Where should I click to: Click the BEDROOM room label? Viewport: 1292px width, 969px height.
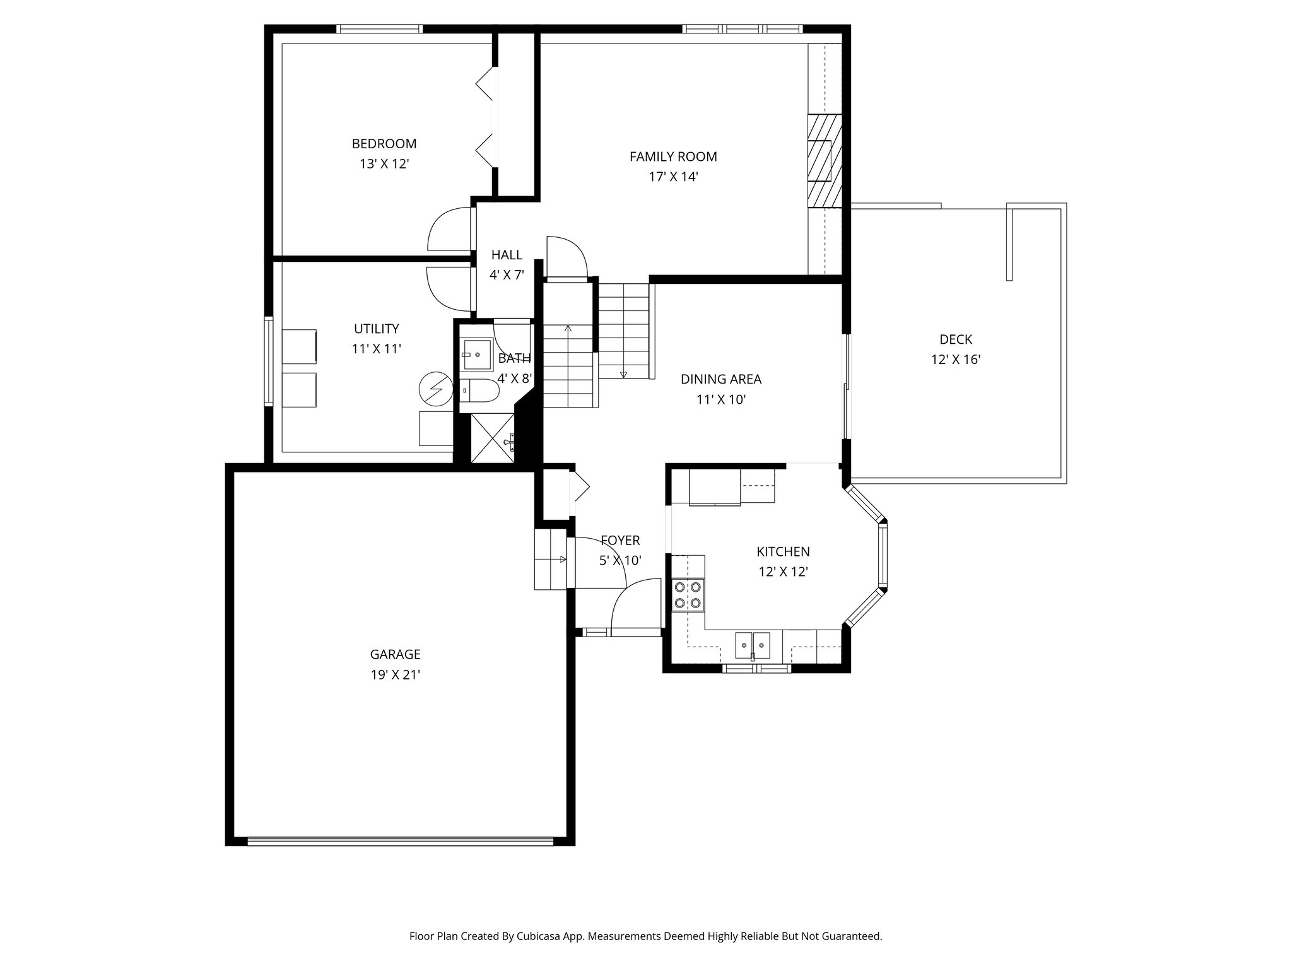coord(384,144)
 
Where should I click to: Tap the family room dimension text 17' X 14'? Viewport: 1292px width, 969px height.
coord(673,177)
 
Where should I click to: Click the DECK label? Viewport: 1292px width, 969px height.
coord(955,339)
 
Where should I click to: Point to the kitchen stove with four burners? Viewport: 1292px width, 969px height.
coord(688,594)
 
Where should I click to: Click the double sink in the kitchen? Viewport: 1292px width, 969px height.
coord(753,645)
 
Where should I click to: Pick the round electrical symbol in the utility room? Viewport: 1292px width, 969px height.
coord(436,390)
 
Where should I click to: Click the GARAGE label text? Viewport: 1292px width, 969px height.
coord(395,655)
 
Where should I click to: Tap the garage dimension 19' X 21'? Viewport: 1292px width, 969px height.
coord(395,675)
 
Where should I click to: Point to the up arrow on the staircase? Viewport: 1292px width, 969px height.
coord(568,329)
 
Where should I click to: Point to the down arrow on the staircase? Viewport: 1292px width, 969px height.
coord(623,373)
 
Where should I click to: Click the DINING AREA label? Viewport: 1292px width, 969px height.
coord(720,379)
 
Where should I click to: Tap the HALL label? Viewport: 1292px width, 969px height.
coord(507,255)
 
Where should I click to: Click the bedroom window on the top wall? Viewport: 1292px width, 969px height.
coord(379,29)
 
